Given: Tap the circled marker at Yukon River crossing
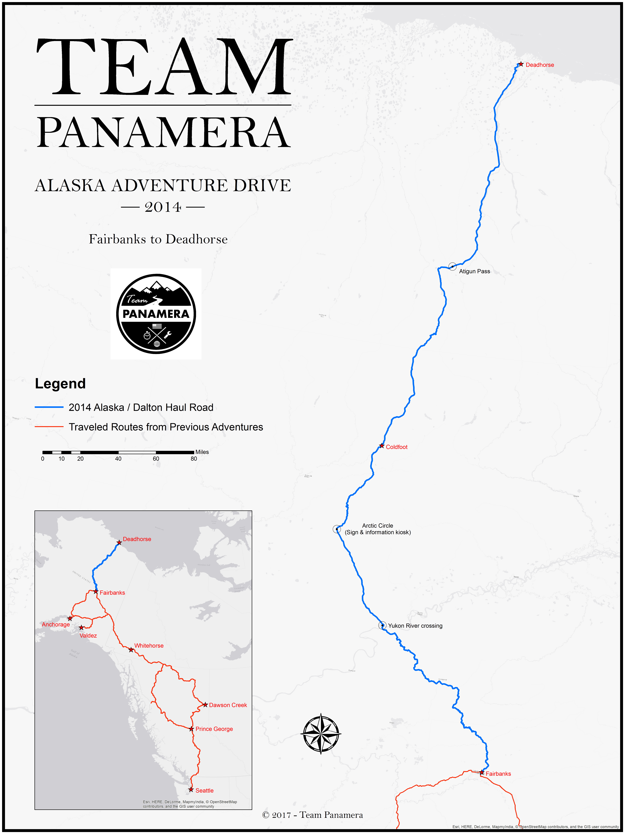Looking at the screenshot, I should pyautogui.click(x=382, y=625).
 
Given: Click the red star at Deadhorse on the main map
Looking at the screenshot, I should pyautogui.click(x=521, y=65).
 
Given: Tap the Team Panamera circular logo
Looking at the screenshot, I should pyautogui.click(x=156, y=314).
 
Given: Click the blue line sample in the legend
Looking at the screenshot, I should pyautogui.click(x=49, y=407).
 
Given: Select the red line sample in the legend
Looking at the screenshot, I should pyautogui.click(x=49, y=427).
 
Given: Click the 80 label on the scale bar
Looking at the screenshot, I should pyautogui.click(x=194, y=459).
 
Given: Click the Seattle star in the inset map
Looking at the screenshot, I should pyautogui.click(x=191, y=790).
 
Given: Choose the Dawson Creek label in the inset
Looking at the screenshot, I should pyautogui.click(x=228, y=705).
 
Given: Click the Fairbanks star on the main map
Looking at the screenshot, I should pyautogui.click(x=481, y=772).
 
